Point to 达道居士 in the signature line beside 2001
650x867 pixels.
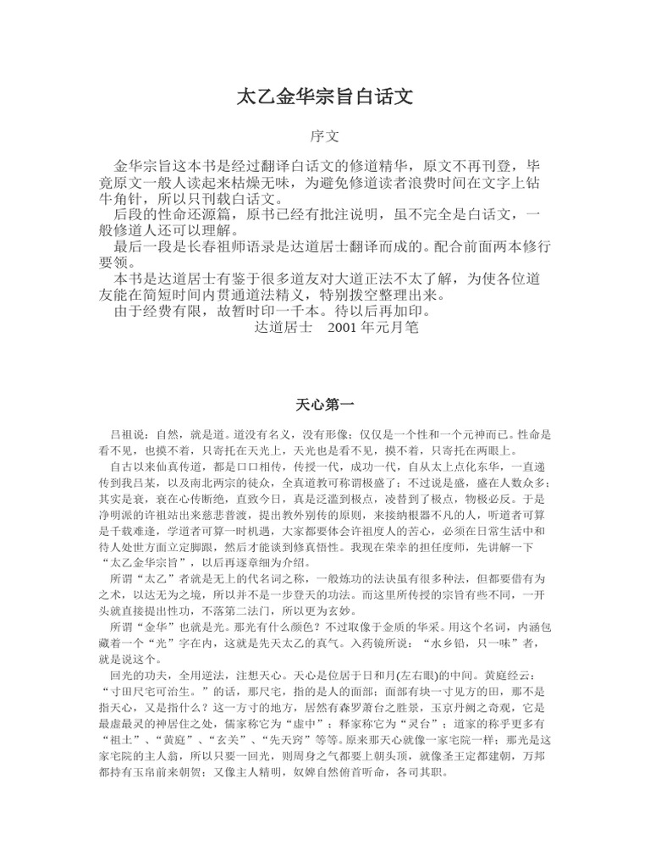coord(284,325)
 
